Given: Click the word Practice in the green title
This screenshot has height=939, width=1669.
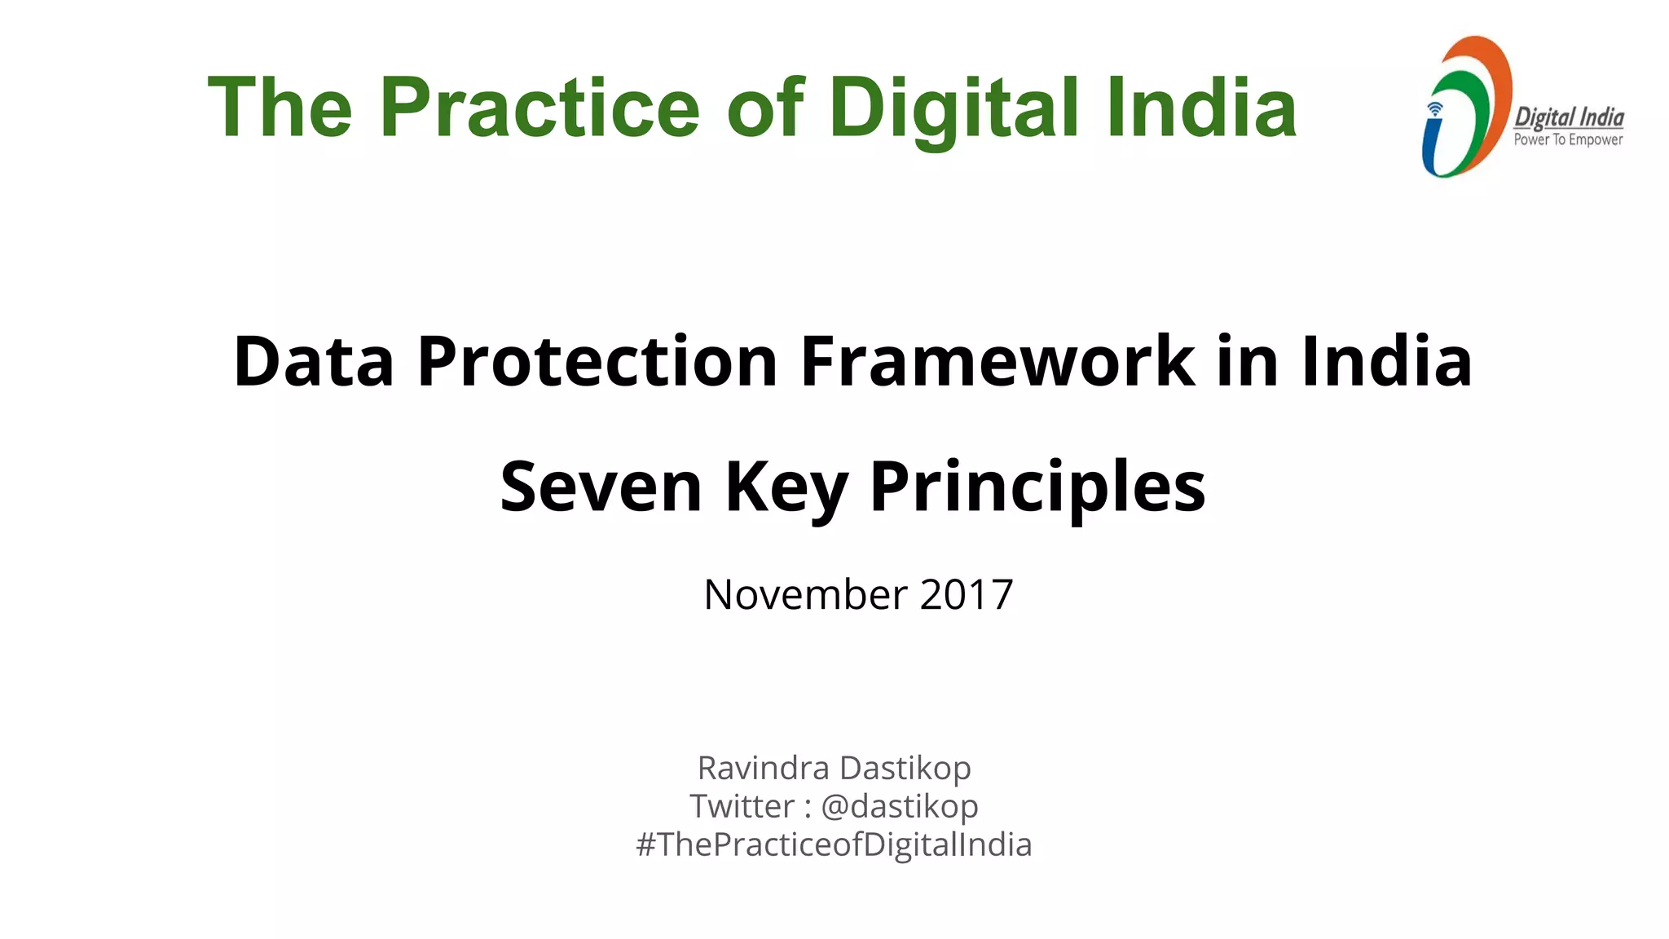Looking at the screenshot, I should pyautogui.click(x=539, y=108).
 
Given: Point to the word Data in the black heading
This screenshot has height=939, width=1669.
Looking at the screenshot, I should pyautogui.click(x=314, y=361).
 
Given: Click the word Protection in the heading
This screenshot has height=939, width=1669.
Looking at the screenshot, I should pyautogui.click(x=597, y=361).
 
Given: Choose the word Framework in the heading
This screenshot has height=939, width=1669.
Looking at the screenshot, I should pyautogui.click(x=997, y=361).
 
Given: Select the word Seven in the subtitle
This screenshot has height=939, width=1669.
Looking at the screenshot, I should pyautogui.click(x=601, y=487).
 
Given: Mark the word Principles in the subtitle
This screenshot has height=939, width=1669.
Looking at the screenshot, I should pyautogui.click(x=1037, y=488).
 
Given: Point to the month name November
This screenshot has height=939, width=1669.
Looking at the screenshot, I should pyautogui.click(x=805, y=594).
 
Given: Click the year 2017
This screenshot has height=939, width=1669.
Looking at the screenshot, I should pyautogui.click(x=967, y=594).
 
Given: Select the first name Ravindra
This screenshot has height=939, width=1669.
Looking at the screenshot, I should pyautogui.click(x=763, y=768).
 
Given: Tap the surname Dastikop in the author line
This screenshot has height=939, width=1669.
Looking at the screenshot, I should pyautogui.click(x=905, y=768).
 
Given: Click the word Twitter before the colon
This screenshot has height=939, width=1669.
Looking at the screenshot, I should pyautogui.click(x=742, y=806).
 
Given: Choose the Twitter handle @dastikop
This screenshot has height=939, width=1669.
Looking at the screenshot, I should pyautogui.click(x=899, y=806).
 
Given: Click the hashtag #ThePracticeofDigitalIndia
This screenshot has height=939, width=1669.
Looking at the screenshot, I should pyautogui.click(x=834, y=844).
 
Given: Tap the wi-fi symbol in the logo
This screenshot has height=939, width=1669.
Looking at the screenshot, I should pyautogui.click(x=1435, y=109).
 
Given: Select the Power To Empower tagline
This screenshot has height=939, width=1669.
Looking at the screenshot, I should pyautogui.click(x=1568, y=140).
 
